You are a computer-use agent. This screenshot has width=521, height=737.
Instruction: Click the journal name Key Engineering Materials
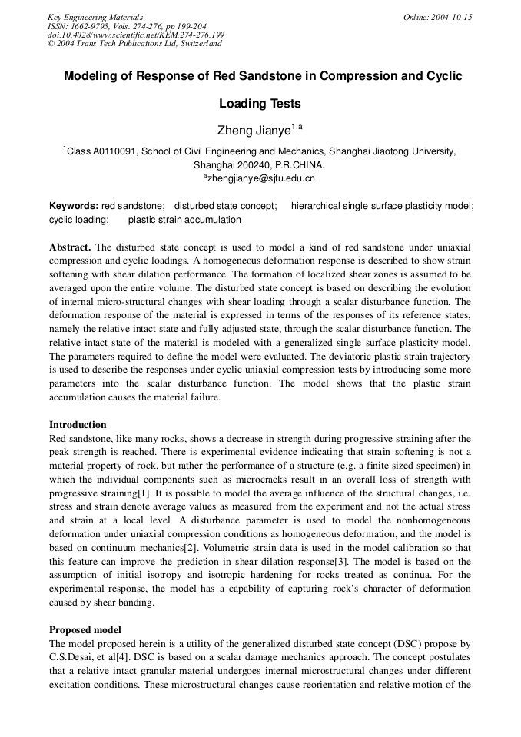point(95,17)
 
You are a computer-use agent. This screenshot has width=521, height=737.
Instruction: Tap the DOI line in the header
point(136,35)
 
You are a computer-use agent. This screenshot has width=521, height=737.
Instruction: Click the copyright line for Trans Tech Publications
point(134,44)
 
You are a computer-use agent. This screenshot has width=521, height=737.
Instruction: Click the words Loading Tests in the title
point(260,103)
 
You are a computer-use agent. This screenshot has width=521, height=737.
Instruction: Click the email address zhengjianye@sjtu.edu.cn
point(262,178)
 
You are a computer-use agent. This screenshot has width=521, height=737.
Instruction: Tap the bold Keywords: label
point(74,206)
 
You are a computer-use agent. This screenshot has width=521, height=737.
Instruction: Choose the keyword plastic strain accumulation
point(184,220)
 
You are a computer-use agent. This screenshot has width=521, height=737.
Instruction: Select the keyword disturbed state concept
point(225,206)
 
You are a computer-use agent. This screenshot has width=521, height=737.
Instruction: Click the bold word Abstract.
point(70,247)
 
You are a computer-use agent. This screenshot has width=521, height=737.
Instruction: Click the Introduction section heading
point(78,424)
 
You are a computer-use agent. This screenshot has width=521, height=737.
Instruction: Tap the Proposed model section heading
point(85,629)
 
